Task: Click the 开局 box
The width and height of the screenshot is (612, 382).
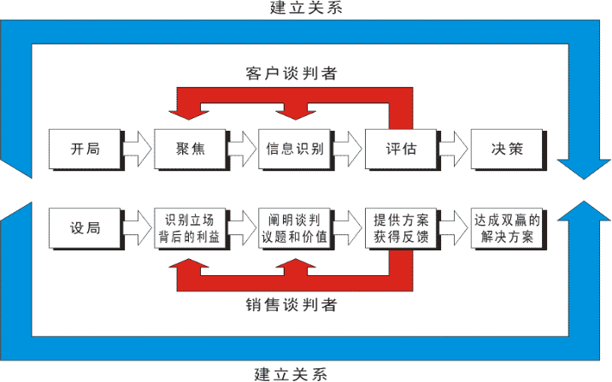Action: click(85, 149)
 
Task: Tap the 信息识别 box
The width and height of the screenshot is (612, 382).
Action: click(295, 149)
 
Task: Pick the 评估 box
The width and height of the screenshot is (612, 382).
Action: click(401, 149)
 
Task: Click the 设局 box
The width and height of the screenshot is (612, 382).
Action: click(85, 228)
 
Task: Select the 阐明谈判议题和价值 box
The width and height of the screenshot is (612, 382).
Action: click(295, 228)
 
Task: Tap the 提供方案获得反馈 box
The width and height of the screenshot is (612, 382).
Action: click(401, 228)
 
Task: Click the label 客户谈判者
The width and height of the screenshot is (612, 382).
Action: click(291, 73)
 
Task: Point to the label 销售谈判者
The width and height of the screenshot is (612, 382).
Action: click(291, 305)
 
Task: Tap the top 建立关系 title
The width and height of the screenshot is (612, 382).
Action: click(306, 8)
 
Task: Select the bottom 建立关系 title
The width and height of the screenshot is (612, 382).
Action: click(291, 373)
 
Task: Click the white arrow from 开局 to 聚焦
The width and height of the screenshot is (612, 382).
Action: click(138, 149)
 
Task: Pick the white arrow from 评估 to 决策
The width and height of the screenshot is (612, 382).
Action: click(454, 149)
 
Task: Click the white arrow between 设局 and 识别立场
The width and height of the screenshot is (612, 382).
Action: click(138, 228)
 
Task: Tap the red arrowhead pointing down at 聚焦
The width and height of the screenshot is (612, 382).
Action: click(189, 112)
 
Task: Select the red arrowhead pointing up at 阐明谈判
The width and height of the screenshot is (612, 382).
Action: click(296, 265)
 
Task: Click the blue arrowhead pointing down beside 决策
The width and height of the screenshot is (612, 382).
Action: click(584, 167)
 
